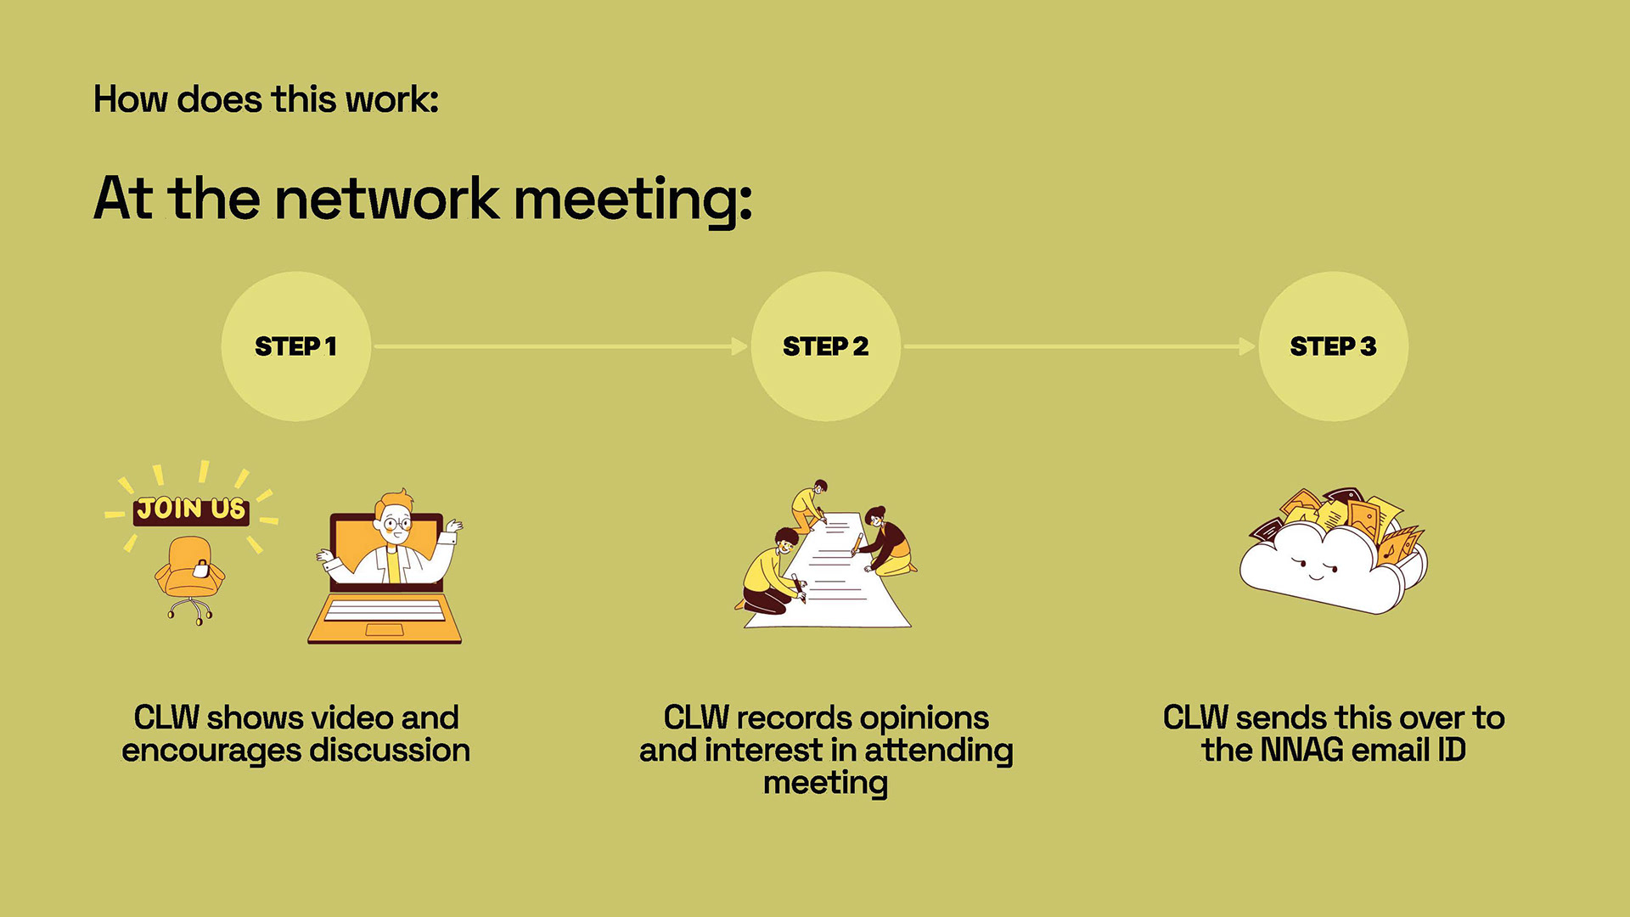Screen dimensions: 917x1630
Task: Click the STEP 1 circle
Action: pyautogui.click(x=295, y=346)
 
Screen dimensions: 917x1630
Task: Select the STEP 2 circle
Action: pyautogui.click(x=825, y=346)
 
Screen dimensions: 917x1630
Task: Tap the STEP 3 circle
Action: pyautogui.click(x=1333, y=346)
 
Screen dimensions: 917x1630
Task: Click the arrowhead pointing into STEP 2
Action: pyautogui.click(x=739, y=346)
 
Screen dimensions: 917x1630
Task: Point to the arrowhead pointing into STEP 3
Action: pyautogui.click(x=1247, y=346)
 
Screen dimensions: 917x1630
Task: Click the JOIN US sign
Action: pyautogui.click(x=191, y=509)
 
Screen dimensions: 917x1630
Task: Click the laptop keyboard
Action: pyautogui.click(x=385, y=610)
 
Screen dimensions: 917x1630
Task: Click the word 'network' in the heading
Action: pyautogui.click(x=387, y=199)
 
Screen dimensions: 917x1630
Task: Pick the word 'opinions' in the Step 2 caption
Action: pyautogui.click(x=924, y=718)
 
